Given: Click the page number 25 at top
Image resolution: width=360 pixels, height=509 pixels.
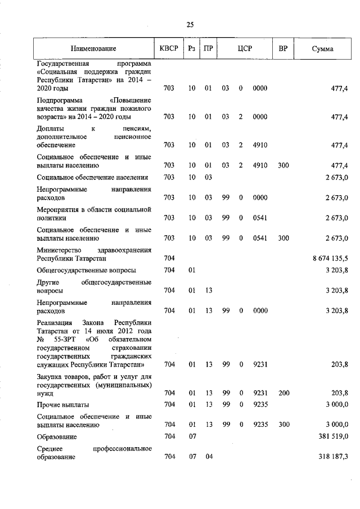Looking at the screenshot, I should click(190, 24).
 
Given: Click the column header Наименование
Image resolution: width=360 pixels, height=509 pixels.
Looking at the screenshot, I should click(93, 49).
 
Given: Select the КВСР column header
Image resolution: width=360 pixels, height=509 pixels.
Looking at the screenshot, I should click(169, 49).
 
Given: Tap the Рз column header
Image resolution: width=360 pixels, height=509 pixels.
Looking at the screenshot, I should click(192, 49).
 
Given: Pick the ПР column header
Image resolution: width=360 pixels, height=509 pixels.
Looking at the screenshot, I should click(208, 49).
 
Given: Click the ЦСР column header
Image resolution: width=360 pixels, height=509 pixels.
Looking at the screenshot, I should click(244, 49).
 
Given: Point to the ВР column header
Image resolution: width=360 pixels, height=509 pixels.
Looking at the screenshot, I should click(283, 49).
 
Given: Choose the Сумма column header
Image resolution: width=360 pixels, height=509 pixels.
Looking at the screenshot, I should click(322, 49).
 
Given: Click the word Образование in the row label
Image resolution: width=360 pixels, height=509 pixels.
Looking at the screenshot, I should click(57, 436).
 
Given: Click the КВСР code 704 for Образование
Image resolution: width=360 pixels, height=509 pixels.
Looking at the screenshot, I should click(169, 436).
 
